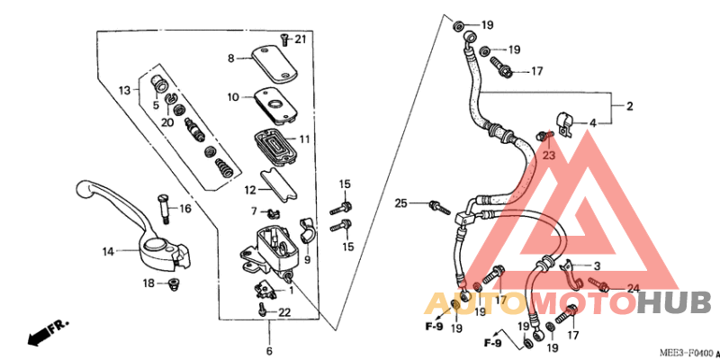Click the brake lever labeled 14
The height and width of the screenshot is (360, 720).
pyautogui.click(x=135, y=225)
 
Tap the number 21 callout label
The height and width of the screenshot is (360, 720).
pyautogui.click(x=301, y=38)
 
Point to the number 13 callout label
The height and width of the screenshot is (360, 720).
pyautogui.click(x=124, y=90)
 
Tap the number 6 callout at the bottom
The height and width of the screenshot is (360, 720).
pyautogui.click(x=268, y=350)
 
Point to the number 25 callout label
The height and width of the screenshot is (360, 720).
pyautogui.click(x=400, y=204)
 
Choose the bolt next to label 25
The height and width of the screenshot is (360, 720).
pyautogui.click(x=440, y=207)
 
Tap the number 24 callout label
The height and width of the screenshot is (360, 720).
pyautogui.click(x=633, y=289)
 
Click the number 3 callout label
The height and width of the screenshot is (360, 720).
pyautogui.click(x=595, y=265)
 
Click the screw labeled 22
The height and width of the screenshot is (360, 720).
pyautogui.click(x=262, y=310)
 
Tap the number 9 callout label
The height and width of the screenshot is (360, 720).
pyautogui.click(x=307, y=260)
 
